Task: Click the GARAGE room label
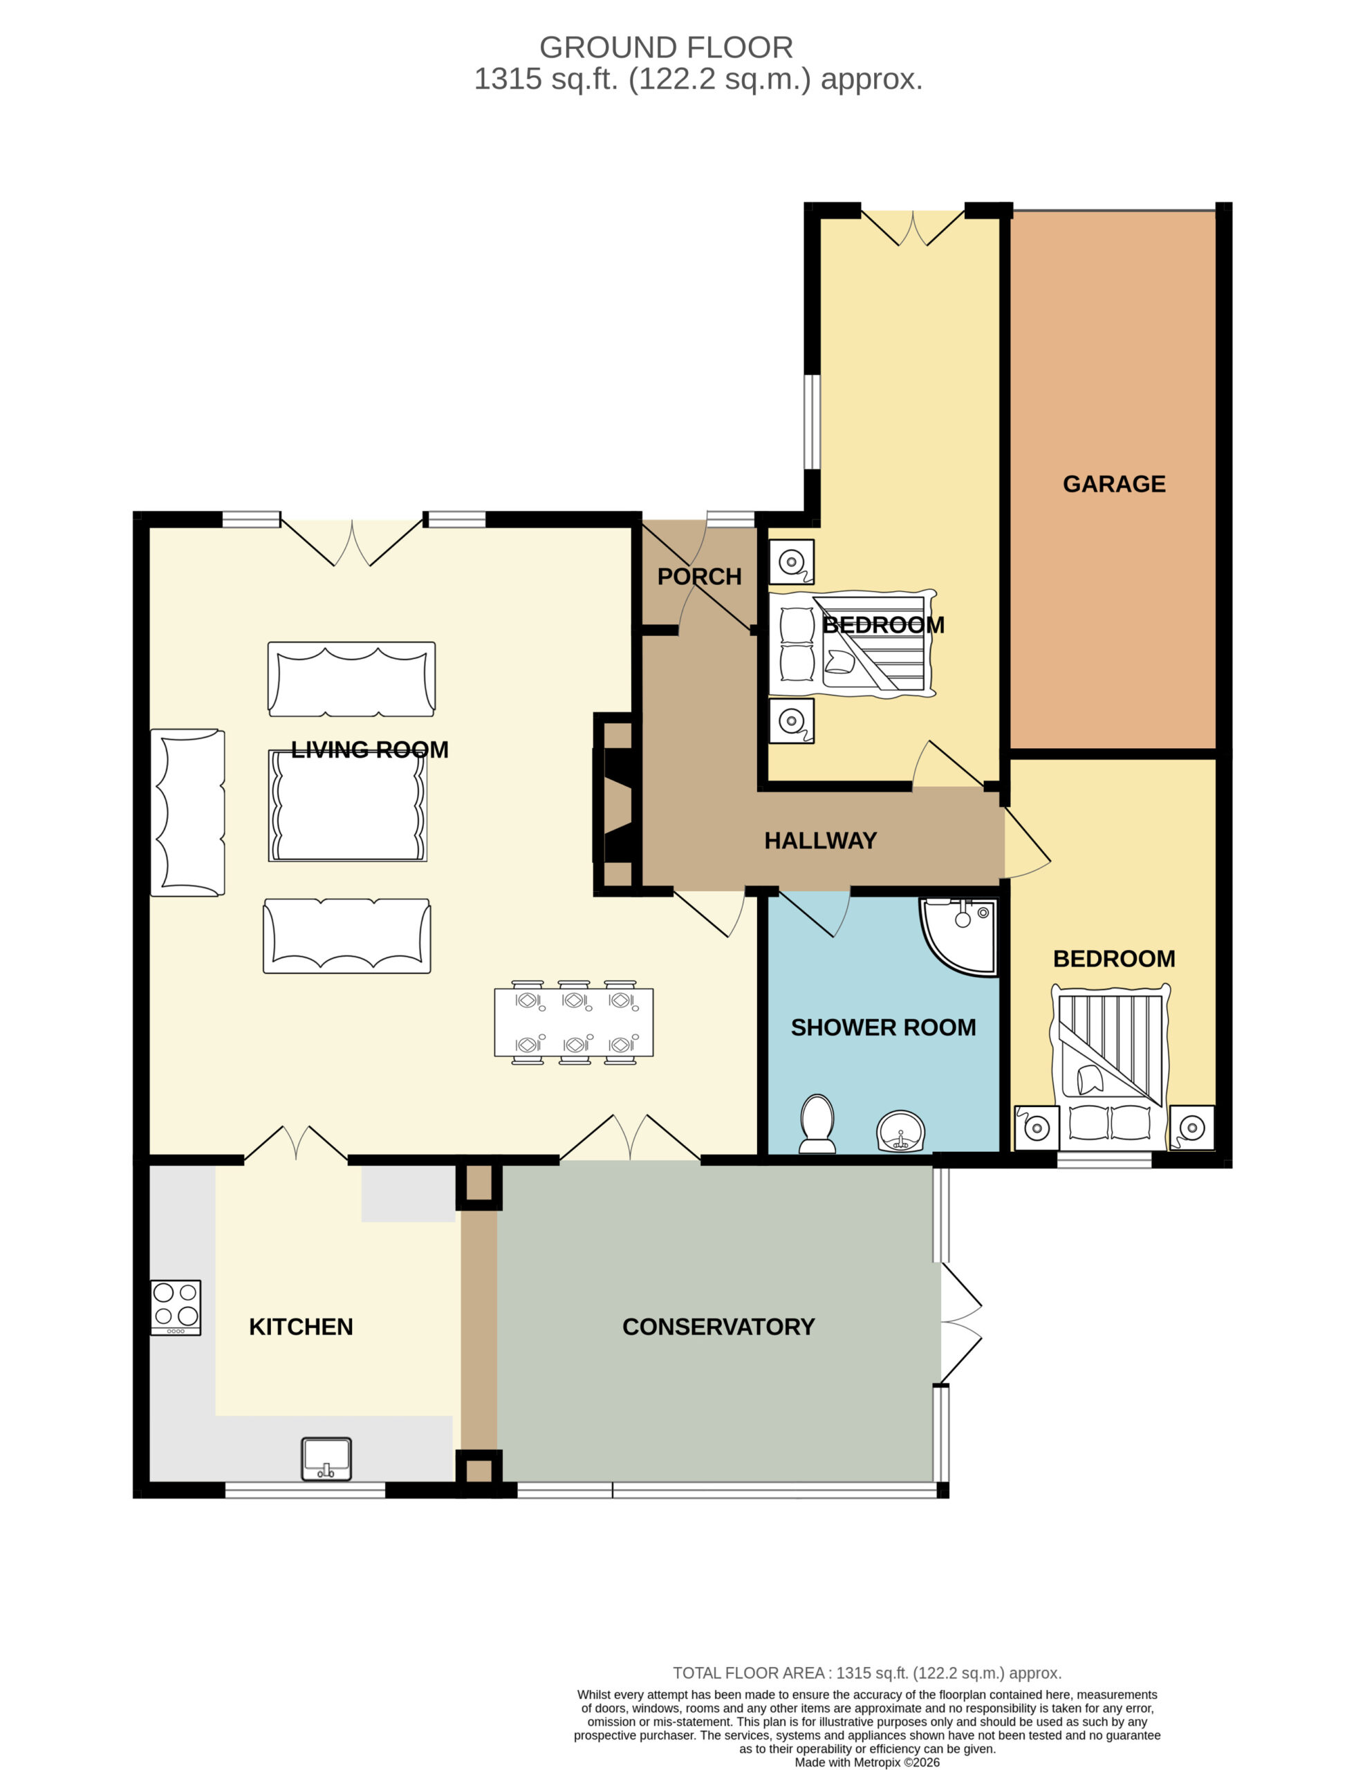[x=1114, y=484]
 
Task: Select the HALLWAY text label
[x=820, y=841]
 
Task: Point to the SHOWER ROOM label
[x=883, y=1027]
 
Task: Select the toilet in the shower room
[x=817, y=1124]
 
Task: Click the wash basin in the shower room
[x=900, y=1130]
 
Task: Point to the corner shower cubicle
[x=958, y=936]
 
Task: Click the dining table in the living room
[x=574, y=1023]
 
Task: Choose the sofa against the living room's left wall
[x=188, y=812]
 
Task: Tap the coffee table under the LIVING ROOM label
[x=348, y=805]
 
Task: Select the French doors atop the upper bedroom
[x=913, y=227]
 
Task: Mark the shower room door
[x=815, y=913]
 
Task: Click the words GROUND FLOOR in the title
[x=667, y=48]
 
